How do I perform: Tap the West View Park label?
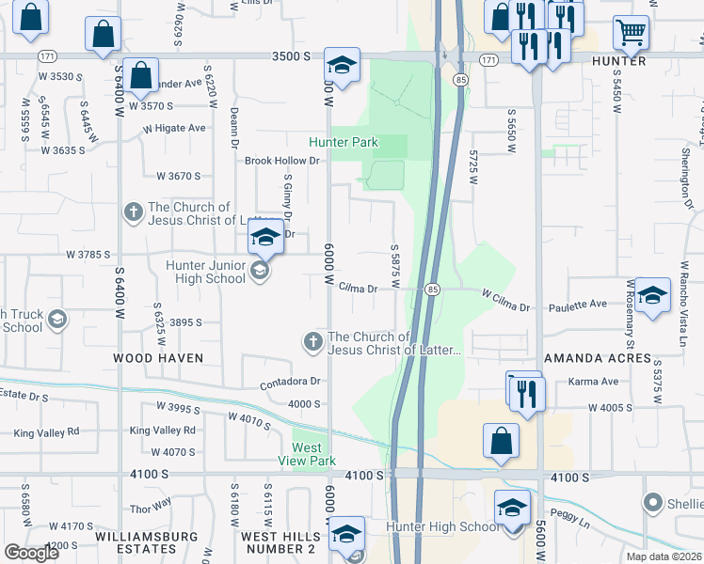pos(307,454)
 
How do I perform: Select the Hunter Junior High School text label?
pos(205,272)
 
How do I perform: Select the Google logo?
pos(31,553)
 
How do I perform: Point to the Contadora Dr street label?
pos(291,383)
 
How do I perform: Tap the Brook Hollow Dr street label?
pos(282,161)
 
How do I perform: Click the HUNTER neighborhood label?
pos(619,61)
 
